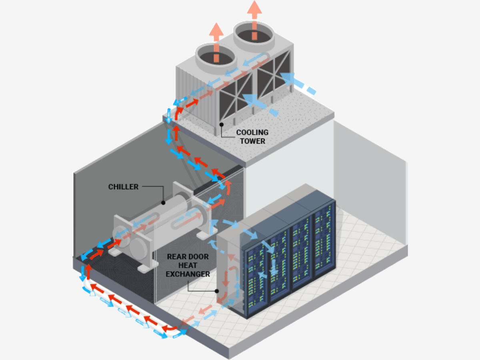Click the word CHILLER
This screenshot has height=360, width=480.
[123, 187]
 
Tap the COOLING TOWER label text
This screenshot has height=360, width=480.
[252, 136]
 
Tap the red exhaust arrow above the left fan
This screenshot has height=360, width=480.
[216, 40]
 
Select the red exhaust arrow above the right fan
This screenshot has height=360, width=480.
[254, 18]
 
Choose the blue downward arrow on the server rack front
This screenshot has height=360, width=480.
[274, 264]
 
